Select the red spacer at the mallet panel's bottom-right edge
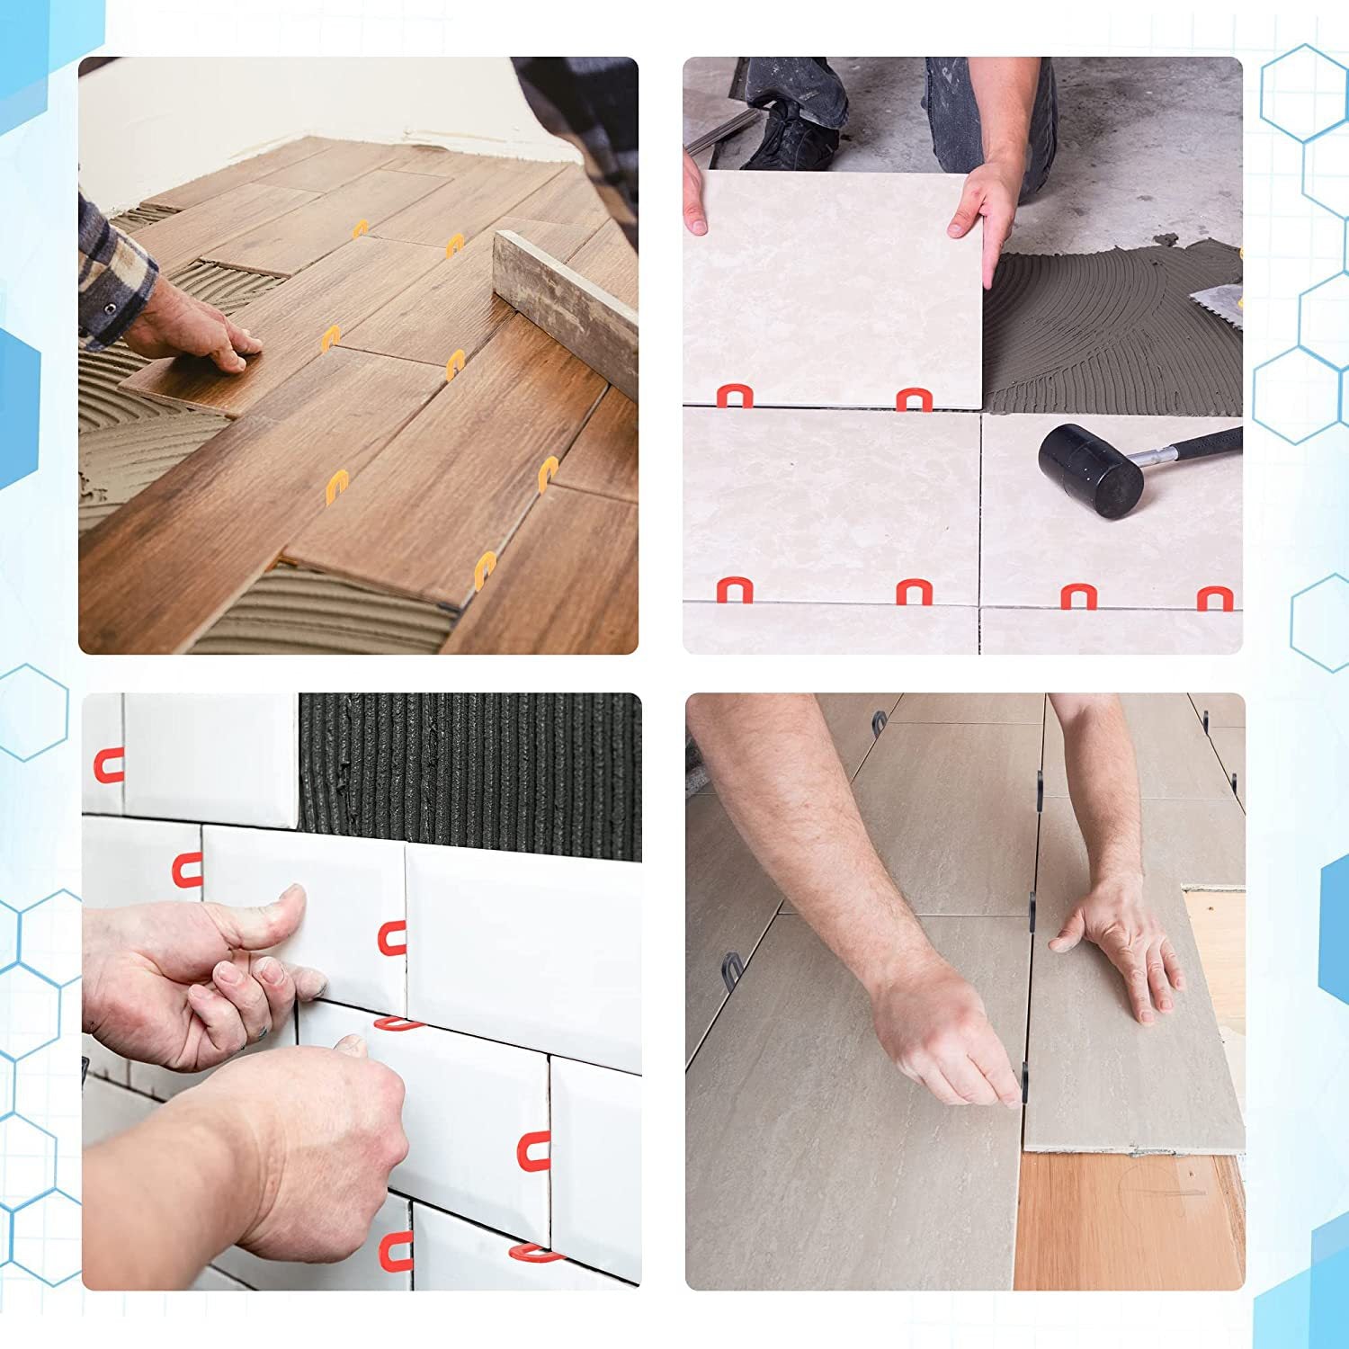1215,598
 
